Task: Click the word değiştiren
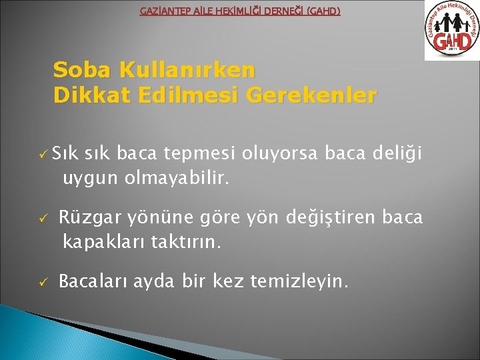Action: point(310,218)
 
